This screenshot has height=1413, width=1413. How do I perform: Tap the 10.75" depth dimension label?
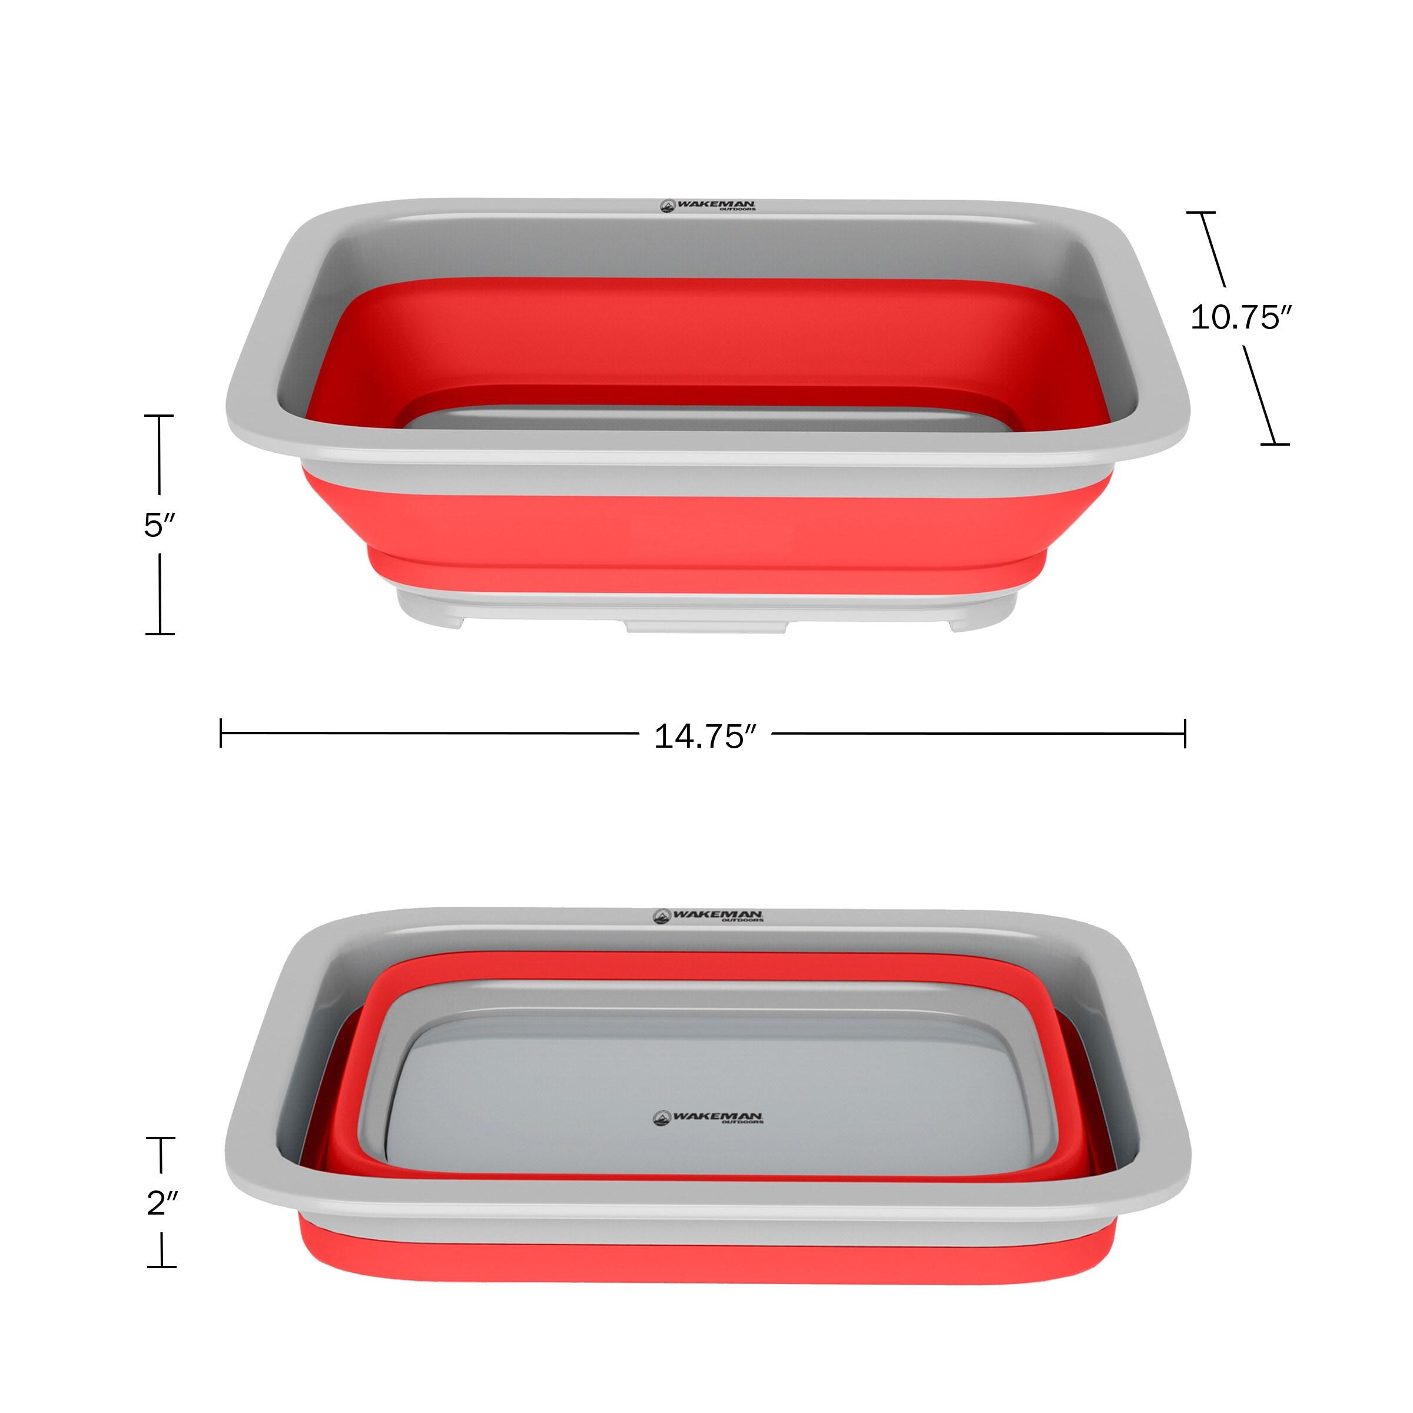click(1240, 317)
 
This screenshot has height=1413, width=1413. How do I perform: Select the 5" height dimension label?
click(160, 525)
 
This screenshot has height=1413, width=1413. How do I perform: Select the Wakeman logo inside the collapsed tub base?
click(707, 1118)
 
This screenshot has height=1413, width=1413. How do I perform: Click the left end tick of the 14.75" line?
click(221, 733)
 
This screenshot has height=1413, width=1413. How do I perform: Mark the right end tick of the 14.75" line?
click(1185, 733)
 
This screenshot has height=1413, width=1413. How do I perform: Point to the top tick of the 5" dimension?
click(160, 416)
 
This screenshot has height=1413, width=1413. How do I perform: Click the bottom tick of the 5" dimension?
click(160, 633)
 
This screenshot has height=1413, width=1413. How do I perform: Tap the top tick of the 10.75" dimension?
click(1201, 213)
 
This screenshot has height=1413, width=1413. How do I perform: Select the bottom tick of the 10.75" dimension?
click(1275, 443)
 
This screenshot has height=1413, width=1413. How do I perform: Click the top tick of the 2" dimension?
click(161, 1138)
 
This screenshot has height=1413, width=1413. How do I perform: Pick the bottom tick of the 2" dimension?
click(161, 1266)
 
